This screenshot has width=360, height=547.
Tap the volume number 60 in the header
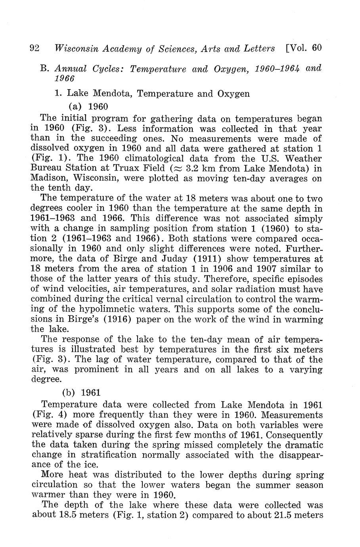pos(316,48)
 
